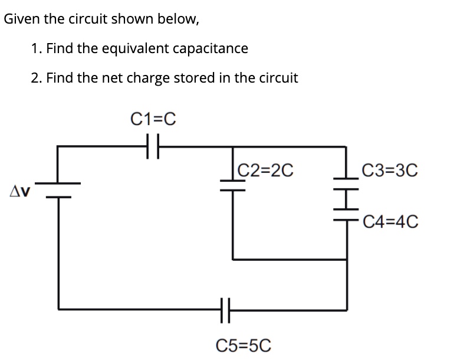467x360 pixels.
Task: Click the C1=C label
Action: pos(153,119)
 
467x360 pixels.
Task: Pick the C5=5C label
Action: pos(244,345)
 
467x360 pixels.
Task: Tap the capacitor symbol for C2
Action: pos(232,187)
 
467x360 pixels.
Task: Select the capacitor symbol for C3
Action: pos(346,186)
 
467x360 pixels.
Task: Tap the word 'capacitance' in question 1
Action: pos(213,48)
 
